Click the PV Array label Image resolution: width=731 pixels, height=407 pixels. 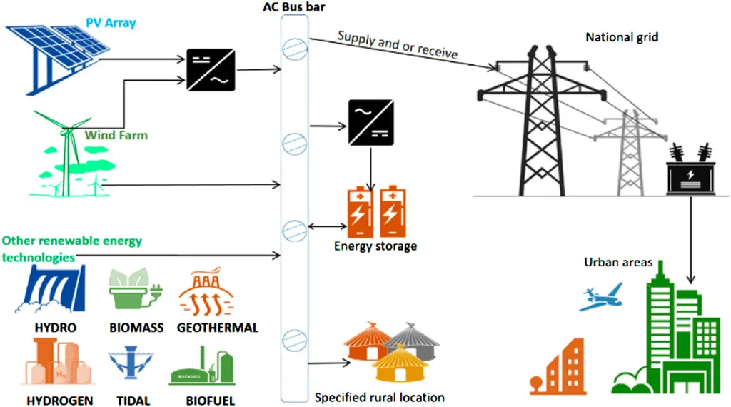[x=111, y=24]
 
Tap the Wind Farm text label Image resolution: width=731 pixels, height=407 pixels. [x=116, y=134]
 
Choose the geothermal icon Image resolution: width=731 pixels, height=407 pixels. [x=216, y=293]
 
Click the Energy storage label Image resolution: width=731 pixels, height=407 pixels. [x=375, y=247]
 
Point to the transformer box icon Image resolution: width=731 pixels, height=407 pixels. [x=690, y=175]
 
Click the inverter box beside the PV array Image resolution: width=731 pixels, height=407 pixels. [x=208, y=69]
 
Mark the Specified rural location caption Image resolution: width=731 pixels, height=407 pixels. [x=380, y=397]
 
